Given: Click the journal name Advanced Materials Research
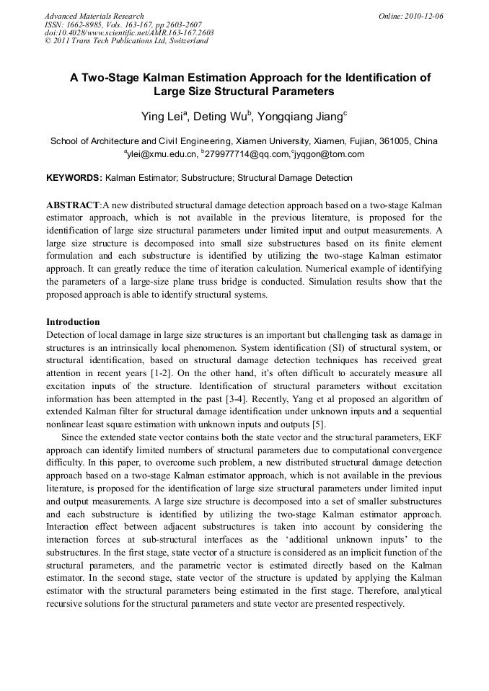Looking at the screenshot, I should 94,16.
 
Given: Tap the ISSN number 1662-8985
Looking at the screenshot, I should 87,24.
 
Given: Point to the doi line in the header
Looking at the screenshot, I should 129,32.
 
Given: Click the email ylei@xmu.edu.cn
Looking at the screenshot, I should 162,154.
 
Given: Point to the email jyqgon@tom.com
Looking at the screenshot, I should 329,154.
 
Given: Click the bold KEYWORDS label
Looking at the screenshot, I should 74,177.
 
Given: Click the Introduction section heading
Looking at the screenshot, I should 73,322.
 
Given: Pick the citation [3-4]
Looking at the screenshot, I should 244,400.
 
